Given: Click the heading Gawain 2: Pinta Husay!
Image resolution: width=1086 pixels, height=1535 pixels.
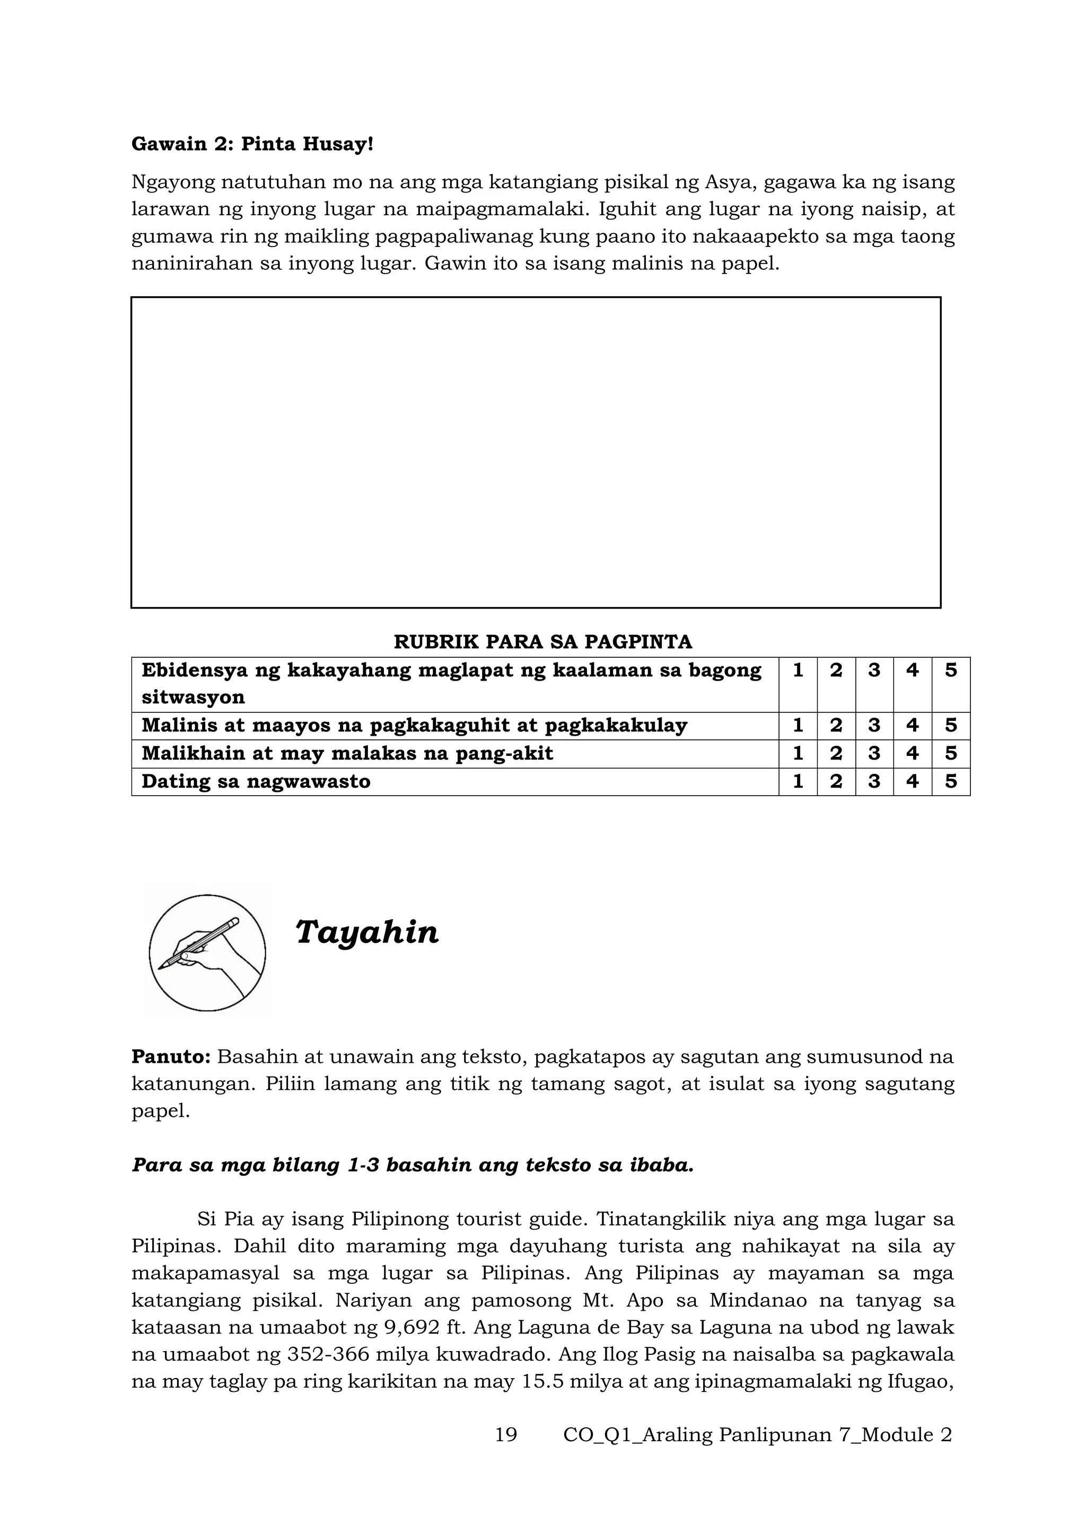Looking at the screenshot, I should tap(252, 144).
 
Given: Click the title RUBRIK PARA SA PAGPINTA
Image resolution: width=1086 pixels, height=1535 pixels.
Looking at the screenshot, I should tap(542, 642).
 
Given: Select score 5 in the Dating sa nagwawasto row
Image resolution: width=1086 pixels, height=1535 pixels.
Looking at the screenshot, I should tap(950, 781).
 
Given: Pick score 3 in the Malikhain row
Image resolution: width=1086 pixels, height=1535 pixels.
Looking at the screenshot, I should tap(874, 754).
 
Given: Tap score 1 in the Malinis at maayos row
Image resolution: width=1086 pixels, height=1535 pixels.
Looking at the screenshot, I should tap(797, 726).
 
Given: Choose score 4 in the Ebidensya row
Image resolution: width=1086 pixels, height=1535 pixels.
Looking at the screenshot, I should tap(912, 671).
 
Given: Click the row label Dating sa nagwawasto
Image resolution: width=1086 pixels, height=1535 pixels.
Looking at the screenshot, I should tap(256, 781).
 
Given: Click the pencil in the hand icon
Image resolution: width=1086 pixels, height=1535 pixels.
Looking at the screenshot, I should tap(200, 942).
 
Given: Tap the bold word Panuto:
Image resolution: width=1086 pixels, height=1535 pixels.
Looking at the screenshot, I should tap(171, 1057).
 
